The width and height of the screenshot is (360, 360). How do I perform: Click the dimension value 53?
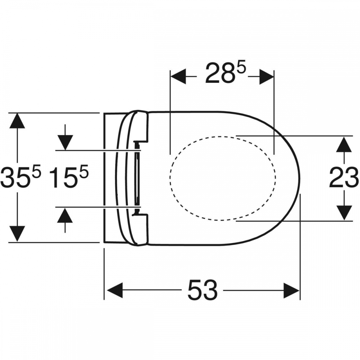coord(202,290)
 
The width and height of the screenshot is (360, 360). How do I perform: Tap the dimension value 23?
coord(343,178)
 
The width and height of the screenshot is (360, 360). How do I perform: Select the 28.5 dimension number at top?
coord(225,72)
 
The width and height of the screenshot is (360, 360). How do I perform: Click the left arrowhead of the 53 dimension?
coord(115,290)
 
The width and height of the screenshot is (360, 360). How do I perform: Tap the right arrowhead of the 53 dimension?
coord(291,290)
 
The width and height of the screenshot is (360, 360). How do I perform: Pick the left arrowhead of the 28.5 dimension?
coord(178,77)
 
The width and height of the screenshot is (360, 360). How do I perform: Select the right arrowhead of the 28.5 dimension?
coord(266,77)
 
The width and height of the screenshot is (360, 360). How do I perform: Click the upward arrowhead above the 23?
coord(344,144)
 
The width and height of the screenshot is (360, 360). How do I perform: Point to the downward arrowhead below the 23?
coord(344,213)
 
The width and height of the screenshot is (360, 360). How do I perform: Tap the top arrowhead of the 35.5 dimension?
coord(17,121)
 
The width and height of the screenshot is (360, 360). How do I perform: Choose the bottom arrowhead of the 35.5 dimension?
coord(17,234)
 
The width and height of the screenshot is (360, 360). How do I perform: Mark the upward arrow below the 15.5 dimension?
coord(65,220)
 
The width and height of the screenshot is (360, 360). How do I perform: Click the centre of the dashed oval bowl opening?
coord(223,178)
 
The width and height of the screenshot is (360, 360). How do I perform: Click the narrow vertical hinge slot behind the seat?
coord(137,178)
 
